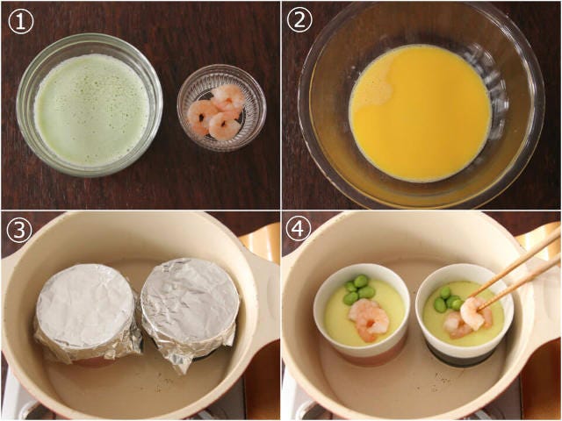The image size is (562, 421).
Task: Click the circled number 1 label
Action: click(21, 21)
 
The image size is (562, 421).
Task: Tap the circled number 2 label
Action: click(299, 19)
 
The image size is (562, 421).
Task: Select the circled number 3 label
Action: click(19, 230)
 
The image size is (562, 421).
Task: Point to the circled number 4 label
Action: click(299, 230)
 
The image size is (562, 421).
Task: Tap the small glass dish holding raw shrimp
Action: click(221, 107)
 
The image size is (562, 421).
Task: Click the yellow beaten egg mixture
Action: click(421, 113)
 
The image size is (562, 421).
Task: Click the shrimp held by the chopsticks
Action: click(473, 313)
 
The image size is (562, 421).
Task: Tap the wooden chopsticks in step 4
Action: click(517, 269)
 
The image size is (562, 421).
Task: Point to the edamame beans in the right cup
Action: click(448, 299)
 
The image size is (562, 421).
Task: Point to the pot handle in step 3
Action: click(264, 258)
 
